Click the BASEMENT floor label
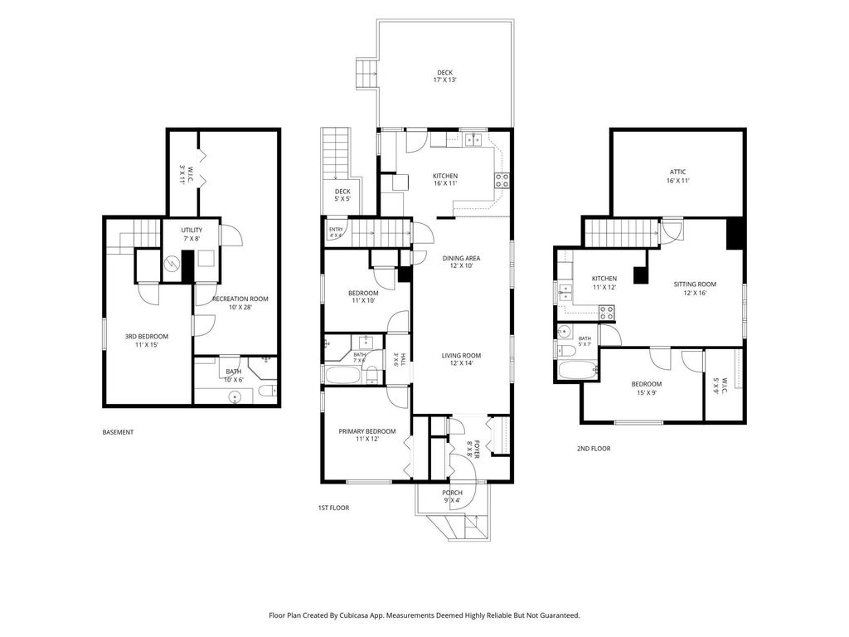tap(118, 432)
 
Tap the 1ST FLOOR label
tap(333, 508)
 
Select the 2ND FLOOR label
tap(594, 449)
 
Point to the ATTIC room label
tap(678, 173)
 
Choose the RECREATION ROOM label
tap(240, 299)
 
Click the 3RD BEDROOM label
tap(147, 337)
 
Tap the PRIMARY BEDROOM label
tap(367, 431)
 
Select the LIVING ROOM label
tap(461, 356)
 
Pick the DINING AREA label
tap(461, 259)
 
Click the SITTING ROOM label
tap(696, 284)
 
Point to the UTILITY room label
tap(192, 231)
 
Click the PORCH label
tap(452, 493)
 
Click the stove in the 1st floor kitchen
tap(502, 180)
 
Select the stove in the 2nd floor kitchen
tap(606, 313)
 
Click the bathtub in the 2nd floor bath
tap(577, 371)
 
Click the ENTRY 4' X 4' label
tap(336, 232)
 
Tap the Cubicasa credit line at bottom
tap(424, 615)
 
